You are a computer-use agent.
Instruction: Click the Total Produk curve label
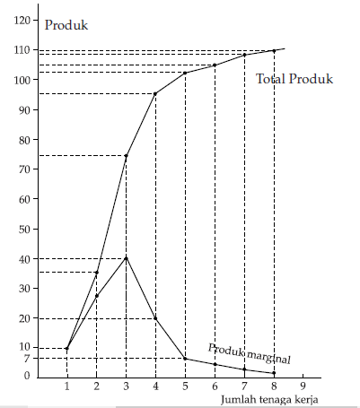pyautogui.click(x=294, y=79)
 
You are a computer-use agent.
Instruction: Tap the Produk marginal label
pyautogui.click(x=249, y=353)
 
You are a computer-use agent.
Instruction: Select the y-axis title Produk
pyautogui.click(x=66, y=25)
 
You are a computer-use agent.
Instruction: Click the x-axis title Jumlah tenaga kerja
pyautogui.click(x=269, y=399)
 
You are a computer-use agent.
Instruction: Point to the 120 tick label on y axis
pyautogui.click(x=22, y=21)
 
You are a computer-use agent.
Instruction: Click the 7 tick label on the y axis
pyautogui.click(x=27, y=359)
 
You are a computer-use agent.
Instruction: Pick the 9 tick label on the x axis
pyautogui.click(x=303, y=386)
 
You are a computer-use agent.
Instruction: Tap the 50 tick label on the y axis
pyautogui.click(x=24, y=230)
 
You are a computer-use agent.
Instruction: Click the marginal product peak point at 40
pyautogui.click(x=126, y=258)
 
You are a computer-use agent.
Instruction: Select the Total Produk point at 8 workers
pyautogui.click(x=274, y=51)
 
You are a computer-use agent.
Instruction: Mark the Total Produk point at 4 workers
pyautogui.click(x=155, y=94)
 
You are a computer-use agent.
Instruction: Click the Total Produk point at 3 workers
pyautogui.click(x=126, y=156)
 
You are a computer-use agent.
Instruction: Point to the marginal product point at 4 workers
pyautogui.click(x=155, y=318)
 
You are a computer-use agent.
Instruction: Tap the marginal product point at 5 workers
pyautogui.click(x=185, y=359)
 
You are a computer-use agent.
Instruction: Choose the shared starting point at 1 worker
pyautogui.click(x=66, y=349)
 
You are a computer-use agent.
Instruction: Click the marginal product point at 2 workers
pyautogui.click(x=96, y=296)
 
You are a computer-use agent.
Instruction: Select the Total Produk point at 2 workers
pyautogui.click(x=96, y=273)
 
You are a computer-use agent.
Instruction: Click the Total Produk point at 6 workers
pyautogui.click(x=215, y=65)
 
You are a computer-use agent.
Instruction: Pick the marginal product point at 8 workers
pyautogui.click(x=274, y=373)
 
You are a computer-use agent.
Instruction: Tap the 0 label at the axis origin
pyautogui.click(x=27, y=376)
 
